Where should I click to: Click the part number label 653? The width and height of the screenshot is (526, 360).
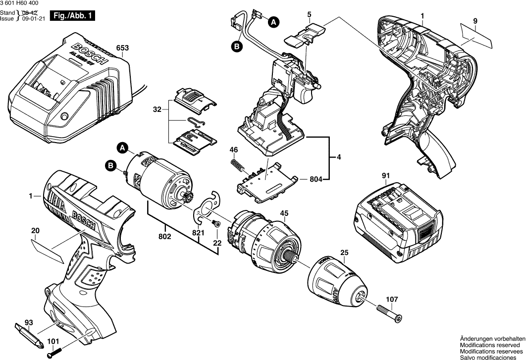tap(122, 48)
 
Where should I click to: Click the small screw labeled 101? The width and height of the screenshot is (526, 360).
tap(53, 354)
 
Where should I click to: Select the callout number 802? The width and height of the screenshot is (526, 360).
tap(165, 237)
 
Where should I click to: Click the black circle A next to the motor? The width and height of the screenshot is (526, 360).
tap(122, 147)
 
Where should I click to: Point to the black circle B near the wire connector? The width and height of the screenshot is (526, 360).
tap(237, 47)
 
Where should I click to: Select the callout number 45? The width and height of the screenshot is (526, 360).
tap(284, 214)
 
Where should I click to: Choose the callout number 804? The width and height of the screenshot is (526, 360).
tap(316, 179)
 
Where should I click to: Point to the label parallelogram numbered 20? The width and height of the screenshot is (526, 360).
tap(48, 249)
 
